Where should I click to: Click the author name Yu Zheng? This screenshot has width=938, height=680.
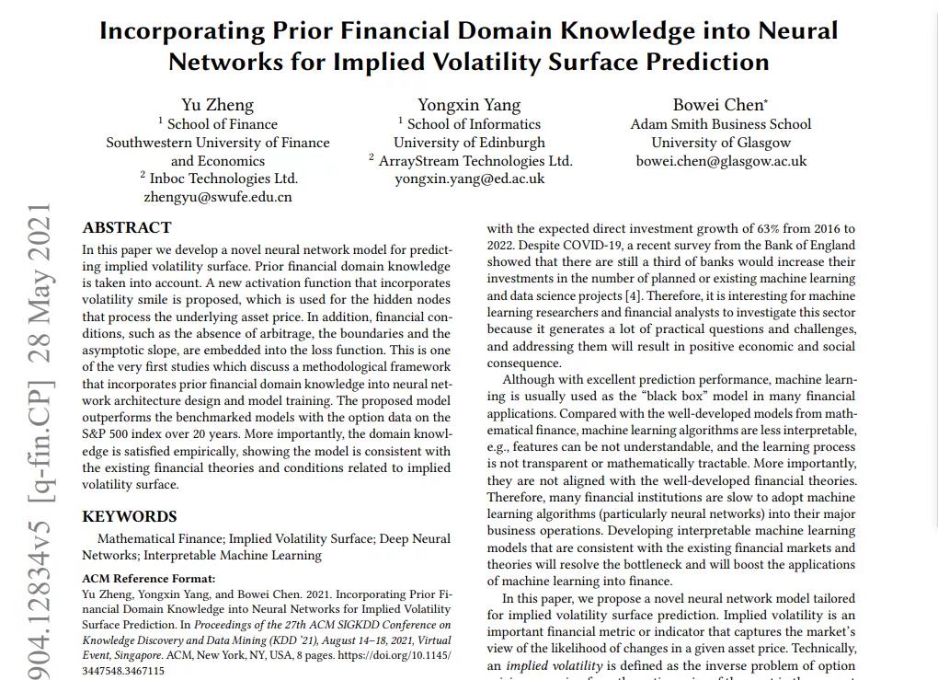[x=217, y=105]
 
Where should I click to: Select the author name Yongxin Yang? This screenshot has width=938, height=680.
[x=469, y=105]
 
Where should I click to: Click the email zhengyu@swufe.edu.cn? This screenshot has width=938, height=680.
[x=218, y=197]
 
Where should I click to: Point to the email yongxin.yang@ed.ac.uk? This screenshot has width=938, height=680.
[x=469, y=179]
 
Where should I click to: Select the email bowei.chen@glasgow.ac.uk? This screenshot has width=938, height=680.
[x=721, y=160]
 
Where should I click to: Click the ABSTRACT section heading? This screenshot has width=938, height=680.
[x=127, y=227]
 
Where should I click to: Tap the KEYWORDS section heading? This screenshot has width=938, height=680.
[x=130, y=516]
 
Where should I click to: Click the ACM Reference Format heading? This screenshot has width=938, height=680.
[x=149, y=579]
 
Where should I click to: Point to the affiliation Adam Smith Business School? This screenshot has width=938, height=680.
[x=721, y=123]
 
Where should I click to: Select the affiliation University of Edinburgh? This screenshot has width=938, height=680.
[x=469, y=142]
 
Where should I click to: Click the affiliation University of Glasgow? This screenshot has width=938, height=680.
[x=721, y=142]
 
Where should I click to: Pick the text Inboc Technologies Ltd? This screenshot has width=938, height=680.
[x=223, y=179]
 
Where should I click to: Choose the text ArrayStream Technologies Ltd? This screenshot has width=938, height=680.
[x=475, y=160]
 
